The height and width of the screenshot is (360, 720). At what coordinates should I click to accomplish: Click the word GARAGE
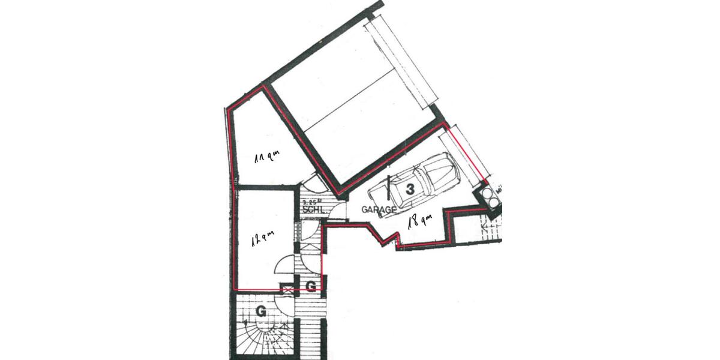coord(379,209)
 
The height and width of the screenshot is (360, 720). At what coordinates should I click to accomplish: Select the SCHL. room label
coord(314,210)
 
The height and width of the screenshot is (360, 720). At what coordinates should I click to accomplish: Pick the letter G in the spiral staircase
coord(261,311)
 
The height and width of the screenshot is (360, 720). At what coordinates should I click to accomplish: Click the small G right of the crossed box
coord(311,287)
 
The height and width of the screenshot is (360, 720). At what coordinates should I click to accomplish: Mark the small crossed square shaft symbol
coord(287,289)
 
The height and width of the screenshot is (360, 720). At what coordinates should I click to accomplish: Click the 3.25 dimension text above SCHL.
coord(312,202)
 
